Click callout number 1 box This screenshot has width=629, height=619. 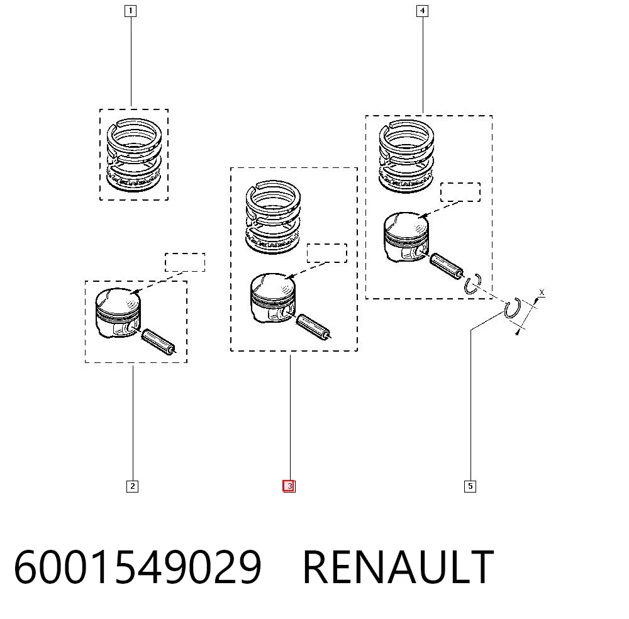(x=131, y=11)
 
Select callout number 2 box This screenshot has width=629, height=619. (x=132, y=486)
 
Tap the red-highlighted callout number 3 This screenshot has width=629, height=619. (x=289, y=486)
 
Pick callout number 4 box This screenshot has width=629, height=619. (x=423, y=11)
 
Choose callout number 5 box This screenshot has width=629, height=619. (x=470, y=486)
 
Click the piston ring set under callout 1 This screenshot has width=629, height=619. (x=134, y=155)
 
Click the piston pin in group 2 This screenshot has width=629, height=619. (x=159, y=342)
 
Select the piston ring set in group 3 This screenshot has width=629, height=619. (x=273, y=217)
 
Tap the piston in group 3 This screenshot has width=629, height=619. (x=273, y=298)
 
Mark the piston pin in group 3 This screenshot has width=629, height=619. (x=314, y=326)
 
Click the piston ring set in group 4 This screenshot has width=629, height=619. (x=406, y=156)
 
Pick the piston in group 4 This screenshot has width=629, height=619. (x=406, y=237)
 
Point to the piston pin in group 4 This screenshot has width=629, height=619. (x=447, y=265)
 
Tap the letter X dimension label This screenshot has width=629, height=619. (x=542, y=293)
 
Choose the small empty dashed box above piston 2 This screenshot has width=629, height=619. (x=185, y=262)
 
